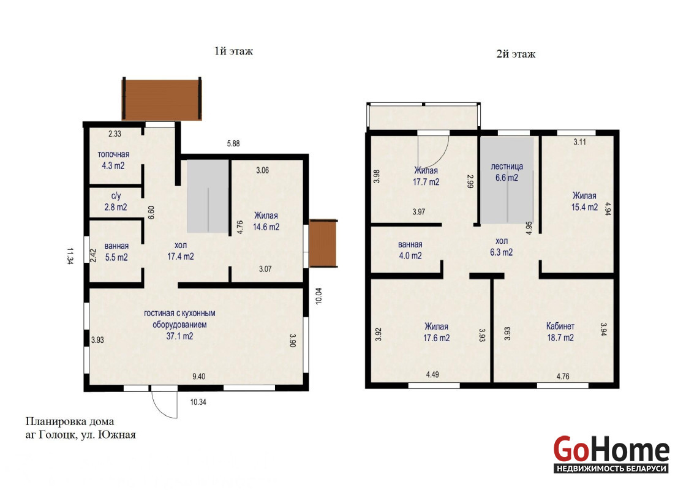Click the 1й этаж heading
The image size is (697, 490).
[233, 51]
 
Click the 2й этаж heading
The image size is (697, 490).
[516, 55]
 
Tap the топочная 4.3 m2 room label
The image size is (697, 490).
[113, 160]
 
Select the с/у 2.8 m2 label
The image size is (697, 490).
[116, 202]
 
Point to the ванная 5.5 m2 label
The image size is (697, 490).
[116, 252]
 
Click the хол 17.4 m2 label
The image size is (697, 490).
[181, 251]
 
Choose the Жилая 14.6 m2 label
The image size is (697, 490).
[266, 221]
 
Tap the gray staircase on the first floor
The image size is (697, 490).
[208, 196]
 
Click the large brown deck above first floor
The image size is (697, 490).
[162, 100]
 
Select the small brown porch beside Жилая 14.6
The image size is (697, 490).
[323, 243]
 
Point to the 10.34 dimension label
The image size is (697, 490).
[198, 402]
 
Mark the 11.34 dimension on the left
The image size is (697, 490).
[70, 256]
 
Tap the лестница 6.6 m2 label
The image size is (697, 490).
[507, 172]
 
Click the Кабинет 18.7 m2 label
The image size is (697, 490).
[560, 332]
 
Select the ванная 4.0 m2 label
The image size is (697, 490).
[410, 250]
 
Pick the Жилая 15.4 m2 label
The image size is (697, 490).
[584, 202]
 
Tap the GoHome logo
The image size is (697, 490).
[611, 454]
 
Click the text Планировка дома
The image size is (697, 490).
[70, 421]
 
